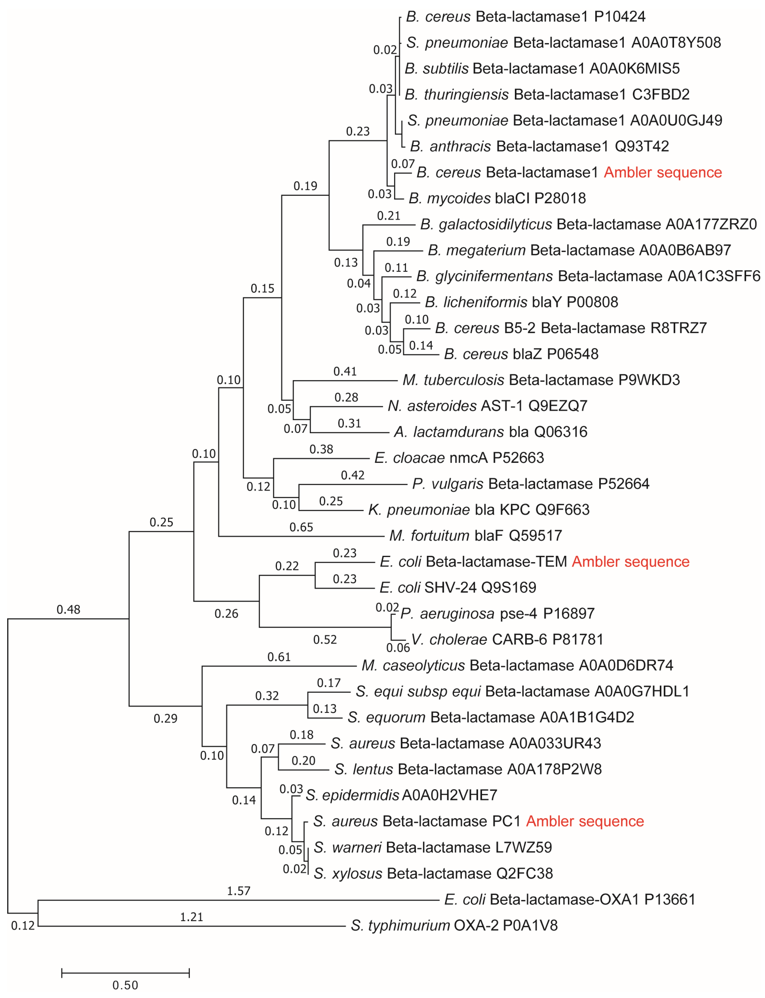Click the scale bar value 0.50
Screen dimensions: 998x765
coord(125,985)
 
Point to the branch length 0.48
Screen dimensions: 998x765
coord(68,609)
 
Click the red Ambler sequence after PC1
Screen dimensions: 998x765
coord(585,821)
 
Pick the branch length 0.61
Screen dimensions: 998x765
coord(279,657)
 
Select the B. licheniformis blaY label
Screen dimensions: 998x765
coord(522,302)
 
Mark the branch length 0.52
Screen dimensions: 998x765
coord(325,640)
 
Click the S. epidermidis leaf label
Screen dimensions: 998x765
coord(401,795)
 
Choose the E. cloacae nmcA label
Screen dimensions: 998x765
coord(459,458)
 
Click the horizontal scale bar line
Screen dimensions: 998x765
coord(125,973)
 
